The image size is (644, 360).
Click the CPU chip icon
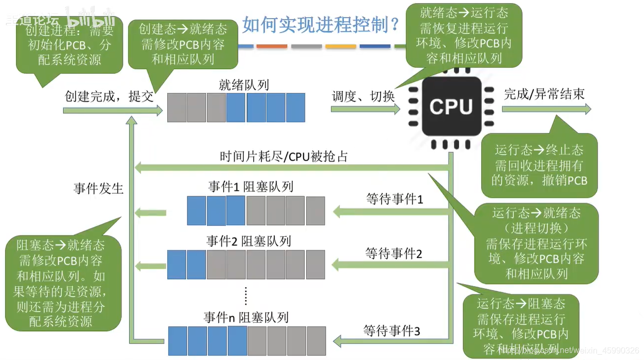[451, 107]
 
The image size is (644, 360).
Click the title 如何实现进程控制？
[320, 23]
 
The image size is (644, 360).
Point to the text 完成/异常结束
[544, 94]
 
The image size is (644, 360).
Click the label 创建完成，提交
[109, 96]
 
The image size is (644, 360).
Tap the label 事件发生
[98, 188]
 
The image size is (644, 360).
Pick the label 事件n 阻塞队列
[246, 317]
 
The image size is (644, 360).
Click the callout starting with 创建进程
[69, 45]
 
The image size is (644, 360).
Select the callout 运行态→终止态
[539, 165]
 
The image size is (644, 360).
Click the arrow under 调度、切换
[365, 109]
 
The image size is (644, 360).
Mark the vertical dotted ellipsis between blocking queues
[246, 296]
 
